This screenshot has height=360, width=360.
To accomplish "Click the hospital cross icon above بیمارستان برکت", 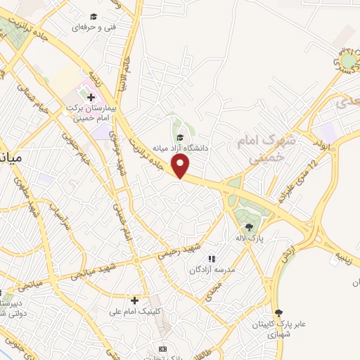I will point(91,96).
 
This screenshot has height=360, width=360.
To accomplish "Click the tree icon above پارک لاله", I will point(248,226).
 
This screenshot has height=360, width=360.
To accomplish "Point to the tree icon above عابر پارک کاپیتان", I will point(279,312).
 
